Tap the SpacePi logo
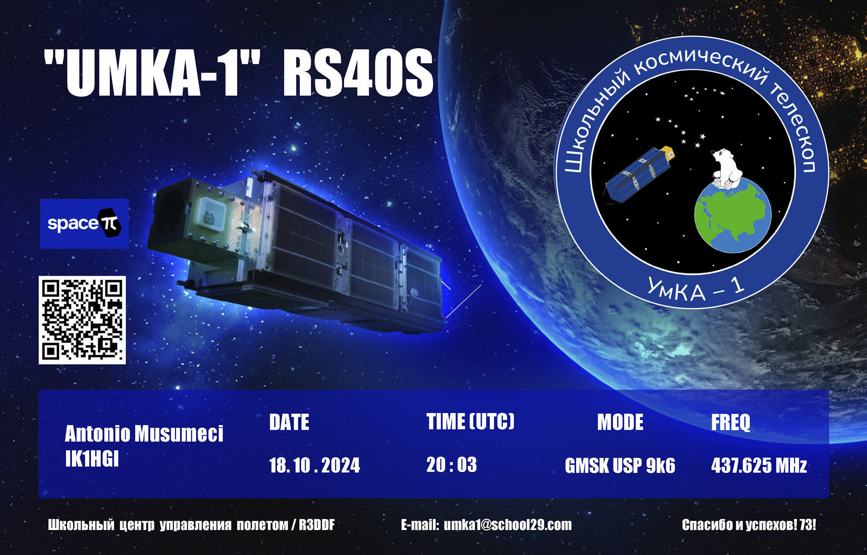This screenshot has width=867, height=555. click(x=84, y=224)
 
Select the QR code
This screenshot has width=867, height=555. click(x=82, y=320)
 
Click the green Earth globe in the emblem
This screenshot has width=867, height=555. click(x=732, y=217)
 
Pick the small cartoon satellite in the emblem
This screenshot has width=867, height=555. click(x=639, y=175)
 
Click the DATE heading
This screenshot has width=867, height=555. click(x=289, y=422)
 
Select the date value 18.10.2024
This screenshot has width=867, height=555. click(x=315, y=465)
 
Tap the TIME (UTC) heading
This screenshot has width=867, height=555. click(x=470, y=422)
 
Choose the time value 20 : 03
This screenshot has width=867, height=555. click(x=451, y=464)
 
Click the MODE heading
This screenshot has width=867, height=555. click(x=620, y=422)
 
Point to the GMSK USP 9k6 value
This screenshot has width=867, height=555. click(x=620, y=466)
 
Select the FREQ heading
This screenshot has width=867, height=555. click(x=731, y=422)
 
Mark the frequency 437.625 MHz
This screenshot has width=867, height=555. click(x=759, y=465)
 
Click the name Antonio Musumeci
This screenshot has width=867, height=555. click(x=144, y=434)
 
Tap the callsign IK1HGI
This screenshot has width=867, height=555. click(x=92, y=458)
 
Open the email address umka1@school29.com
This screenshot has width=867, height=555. click(x=508, y=525)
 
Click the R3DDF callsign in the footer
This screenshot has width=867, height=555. click(x=317, y=525)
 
